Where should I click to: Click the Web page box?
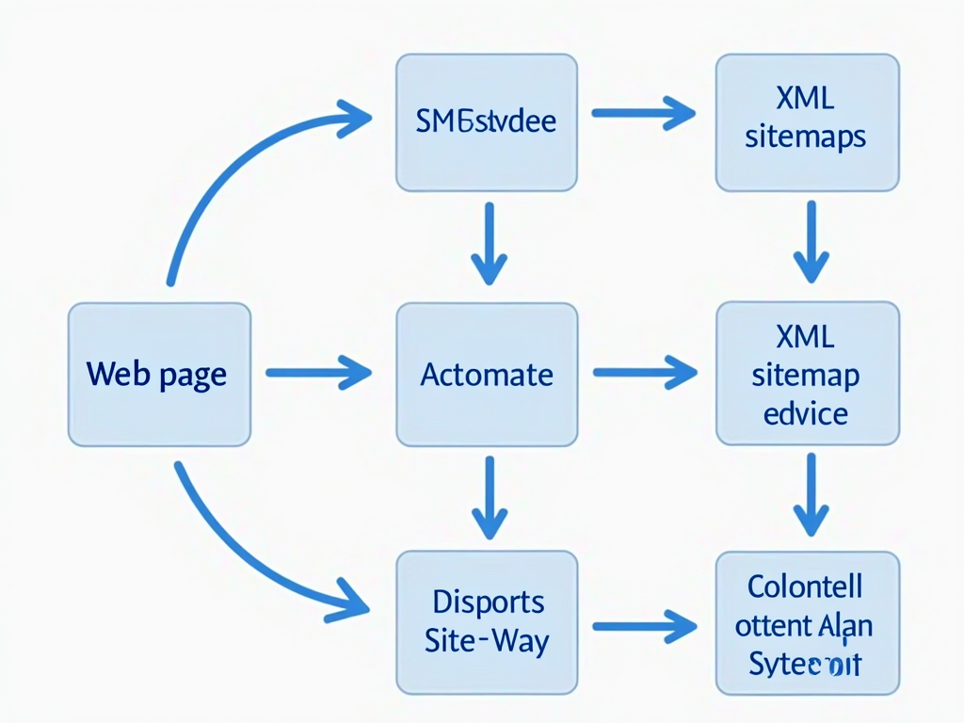click(x=159, y=374)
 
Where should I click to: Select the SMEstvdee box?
click(x=486, y=122)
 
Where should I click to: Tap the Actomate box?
click(x=486, y=374)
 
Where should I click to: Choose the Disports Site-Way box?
click(x=486, y=621)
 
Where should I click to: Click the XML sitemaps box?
click(x=807, y=122)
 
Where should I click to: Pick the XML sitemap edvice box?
click(x=807, y=374)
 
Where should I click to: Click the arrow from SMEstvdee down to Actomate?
click(x=489, y=242)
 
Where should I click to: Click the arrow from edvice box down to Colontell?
click(x=810, y=495)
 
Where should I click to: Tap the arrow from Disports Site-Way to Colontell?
click(x=644, y=624)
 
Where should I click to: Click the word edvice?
click(x=806, y=413)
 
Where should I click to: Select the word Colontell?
click(x=805, y=586)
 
